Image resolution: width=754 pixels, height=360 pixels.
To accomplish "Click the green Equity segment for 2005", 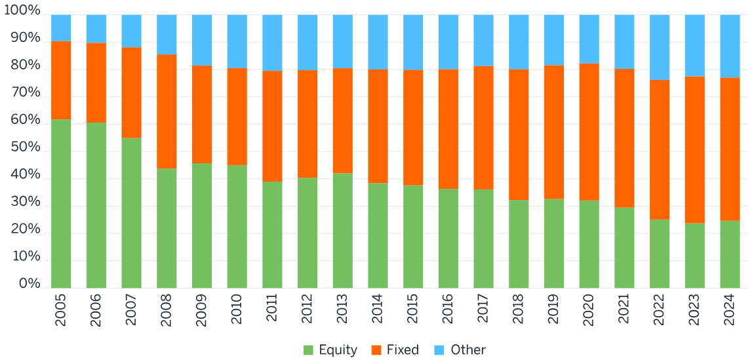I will [x=61, y=203].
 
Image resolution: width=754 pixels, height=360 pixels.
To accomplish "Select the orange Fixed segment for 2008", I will [x=167, y=111].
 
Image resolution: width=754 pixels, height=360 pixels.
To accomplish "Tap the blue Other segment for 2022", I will [x=660, y=47].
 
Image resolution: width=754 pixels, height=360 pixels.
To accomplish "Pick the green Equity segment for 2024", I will [x=730, y=254].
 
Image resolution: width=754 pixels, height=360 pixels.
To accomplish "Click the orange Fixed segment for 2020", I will [x=589, y=132].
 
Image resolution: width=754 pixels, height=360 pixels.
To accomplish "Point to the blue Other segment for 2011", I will [x=272, y=43].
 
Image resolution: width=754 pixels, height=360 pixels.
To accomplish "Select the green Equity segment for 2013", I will [x=342, y=230].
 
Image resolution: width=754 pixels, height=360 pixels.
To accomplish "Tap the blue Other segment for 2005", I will [x=61, y=28].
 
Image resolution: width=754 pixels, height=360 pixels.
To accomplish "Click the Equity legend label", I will [x=338, y=350].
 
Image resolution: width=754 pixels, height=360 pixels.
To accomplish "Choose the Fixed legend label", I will [x=403, y=350].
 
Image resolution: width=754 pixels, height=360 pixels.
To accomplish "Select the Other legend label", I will [x=468, y=350].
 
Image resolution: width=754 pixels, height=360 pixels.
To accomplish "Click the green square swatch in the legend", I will [x=308, y=350].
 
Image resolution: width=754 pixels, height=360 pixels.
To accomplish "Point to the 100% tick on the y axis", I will [x=22, y=12].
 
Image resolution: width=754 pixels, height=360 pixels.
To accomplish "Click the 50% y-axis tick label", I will [x=25, y=148].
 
